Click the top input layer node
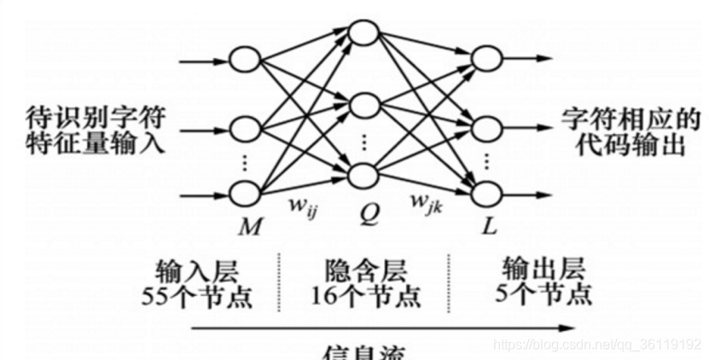[246, 61]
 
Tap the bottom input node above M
[246, 193]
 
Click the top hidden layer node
[363, 33]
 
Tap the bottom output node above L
[486, 192]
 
